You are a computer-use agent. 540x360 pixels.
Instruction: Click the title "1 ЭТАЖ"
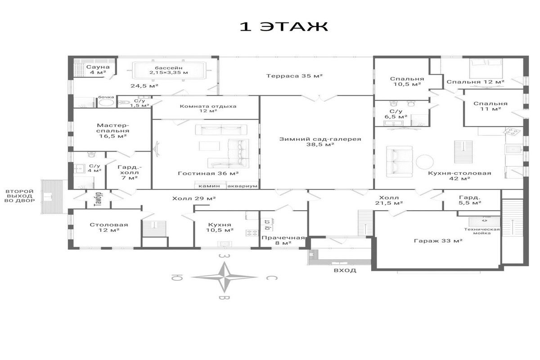284,27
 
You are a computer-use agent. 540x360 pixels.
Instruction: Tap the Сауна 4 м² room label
98,69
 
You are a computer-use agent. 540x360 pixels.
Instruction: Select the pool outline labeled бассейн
169,70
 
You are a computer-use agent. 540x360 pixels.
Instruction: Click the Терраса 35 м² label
294,76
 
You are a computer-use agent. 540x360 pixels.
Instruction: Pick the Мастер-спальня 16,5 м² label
113,130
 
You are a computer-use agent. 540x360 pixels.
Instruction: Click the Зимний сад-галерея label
320,142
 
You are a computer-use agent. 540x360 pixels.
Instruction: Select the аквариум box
242,186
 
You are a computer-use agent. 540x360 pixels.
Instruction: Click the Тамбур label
98,199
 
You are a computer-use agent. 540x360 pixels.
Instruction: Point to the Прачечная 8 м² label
283,240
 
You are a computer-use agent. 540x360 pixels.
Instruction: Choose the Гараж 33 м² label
438,241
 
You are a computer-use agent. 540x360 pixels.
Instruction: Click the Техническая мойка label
482,231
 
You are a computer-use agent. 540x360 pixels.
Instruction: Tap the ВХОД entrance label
345,270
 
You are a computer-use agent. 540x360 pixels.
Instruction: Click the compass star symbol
225,277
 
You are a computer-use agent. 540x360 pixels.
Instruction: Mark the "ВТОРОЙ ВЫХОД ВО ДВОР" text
20,196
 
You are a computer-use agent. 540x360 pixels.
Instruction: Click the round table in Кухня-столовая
424,162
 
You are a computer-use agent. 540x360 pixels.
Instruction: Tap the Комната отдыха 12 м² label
208,108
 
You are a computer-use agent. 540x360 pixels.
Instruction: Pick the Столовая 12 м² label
109,227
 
